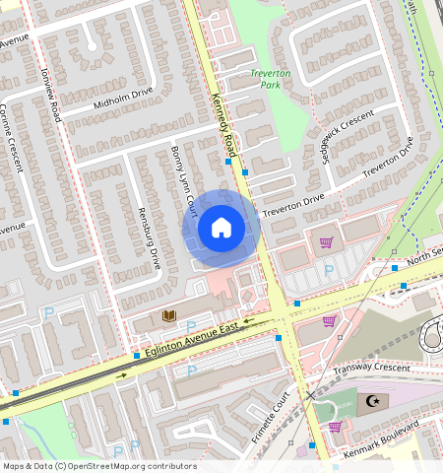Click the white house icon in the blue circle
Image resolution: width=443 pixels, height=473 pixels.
pyautogui.click(x=221, y=229)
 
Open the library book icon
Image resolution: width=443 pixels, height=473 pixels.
pyautogui.click(x=168, y=315)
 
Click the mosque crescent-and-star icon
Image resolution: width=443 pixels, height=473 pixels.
pyautogui.click(x=372, y=400)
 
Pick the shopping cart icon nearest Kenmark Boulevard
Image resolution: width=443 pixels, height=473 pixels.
pyautogui.click(x=335, y=427)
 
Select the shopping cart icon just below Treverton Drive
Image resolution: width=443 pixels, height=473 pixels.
pyautogui.click(x=326, y=241)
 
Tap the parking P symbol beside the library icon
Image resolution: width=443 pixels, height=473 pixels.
pyautogui.click(x=191, y=326)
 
